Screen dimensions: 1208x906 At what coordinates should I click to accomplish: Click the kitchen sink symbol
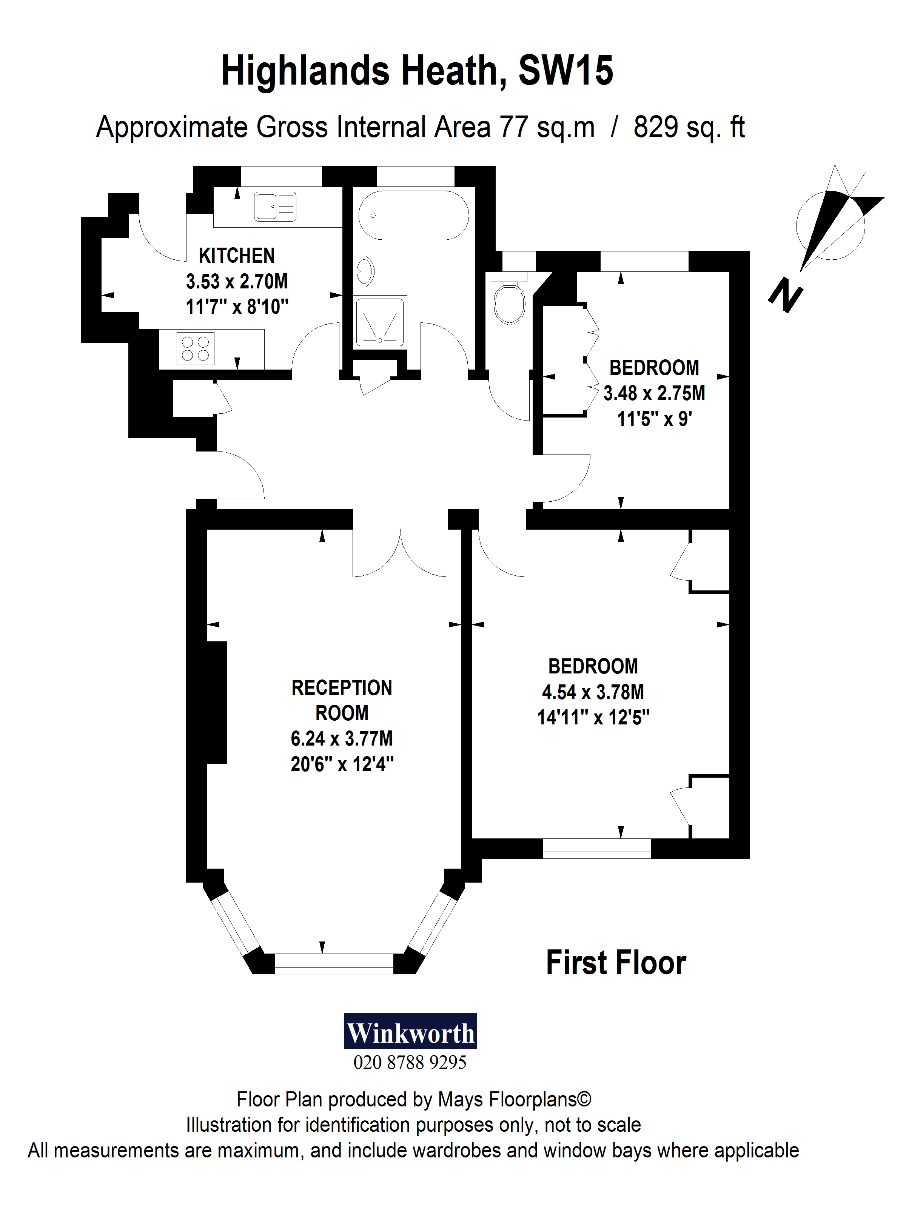click(275, 207)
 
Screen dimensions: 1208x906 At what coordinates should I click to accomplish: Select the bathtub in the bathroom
click(413, 215)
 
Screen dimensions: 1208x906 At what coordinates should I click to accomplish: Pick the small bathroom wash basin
click(365, 270)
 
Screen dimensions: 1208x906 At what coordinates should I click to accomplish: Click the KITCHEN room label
click(236, 256)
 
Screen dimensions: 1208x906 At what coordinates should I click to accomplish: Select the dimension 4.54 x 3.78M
click(593, 692)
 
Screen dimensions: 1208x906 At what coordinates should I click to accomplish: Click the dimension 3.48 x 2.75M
click(654, 393)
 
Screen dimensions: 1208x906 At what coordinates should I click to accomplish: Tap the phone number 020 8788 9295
click(410, 1063)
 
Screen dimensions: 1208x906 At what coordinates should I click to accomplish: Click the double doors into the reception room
click(400, 552)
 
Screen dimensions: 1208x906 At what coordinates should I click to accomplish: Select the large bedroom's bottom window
click(596, 848)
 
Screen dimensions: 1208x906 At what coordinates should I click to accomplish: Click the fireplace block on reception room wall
click(216, 702)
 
